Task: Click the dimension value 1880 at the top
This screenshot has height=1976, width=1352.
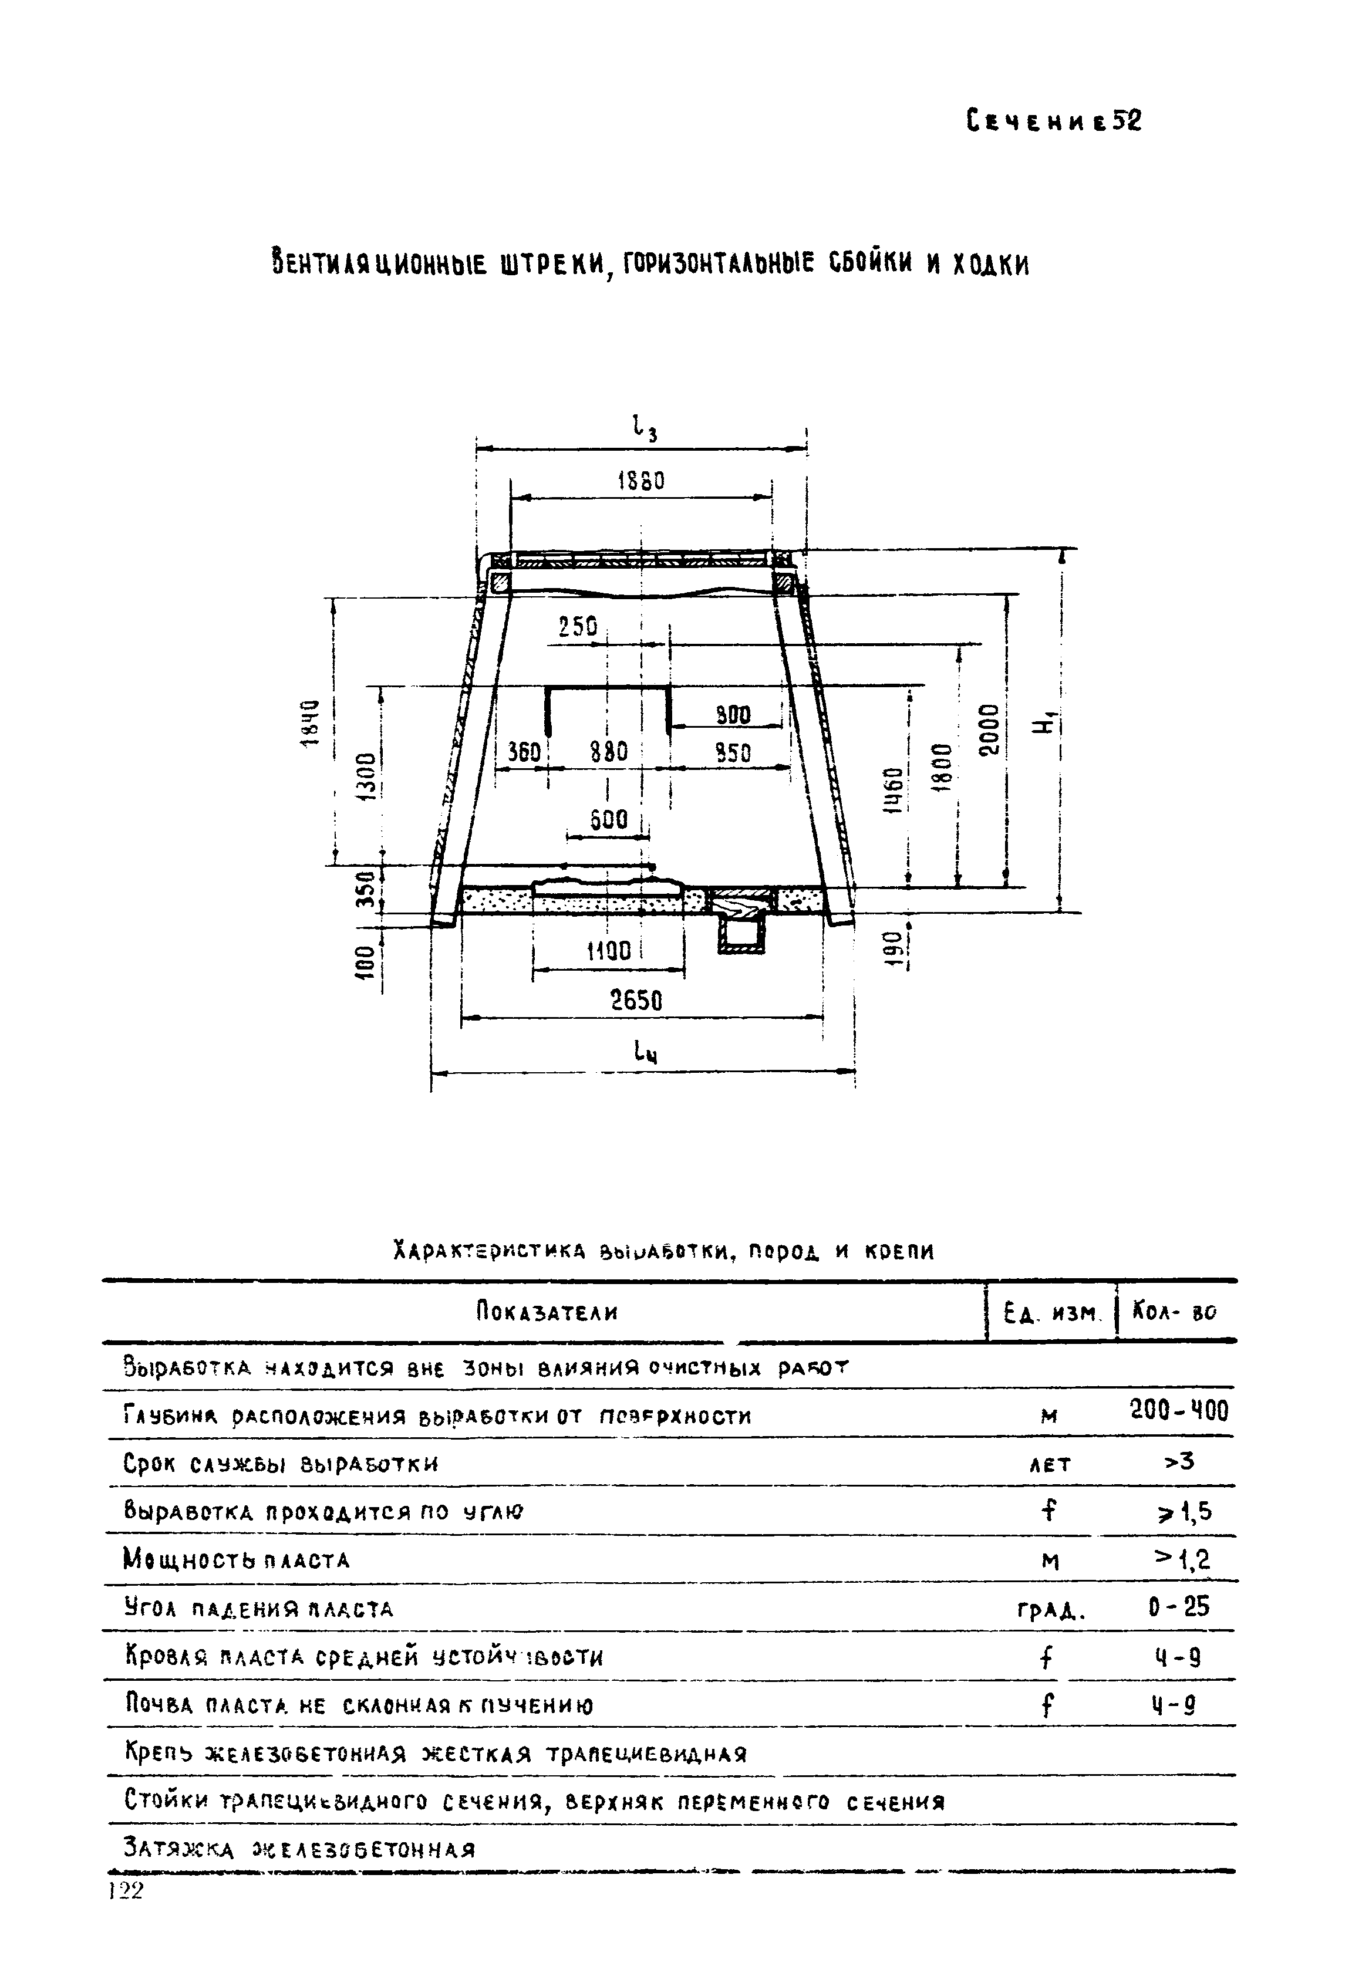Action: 640,481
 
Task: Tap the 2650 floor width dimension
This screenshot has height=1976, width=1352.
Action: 637,1001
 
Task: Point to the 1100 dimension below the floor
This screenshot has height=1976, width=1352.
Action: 609,951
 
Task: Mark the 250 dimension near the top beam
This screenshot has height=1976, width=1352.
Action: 578,627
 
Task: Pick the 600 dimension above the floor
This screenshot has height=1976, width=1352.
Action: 609,820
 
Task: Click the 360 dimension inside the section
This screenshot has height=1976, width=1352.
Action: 524,752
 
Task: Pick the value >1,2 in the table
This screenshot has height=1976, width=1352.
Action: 1182,1559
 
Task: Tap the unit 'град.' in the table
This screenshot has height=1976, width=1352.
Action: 1050,1610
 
